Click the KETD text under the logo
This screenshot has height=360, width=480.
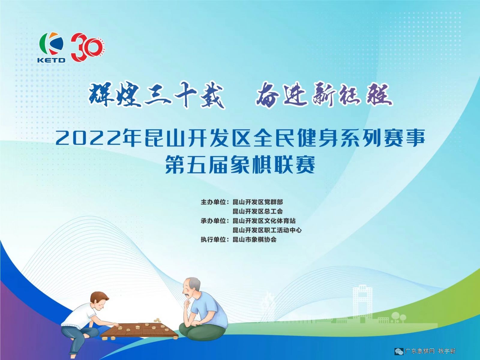51,60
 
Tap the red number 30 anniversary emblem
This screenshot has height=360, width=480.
88,47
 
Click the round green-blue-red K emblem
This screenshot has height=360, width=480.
51,43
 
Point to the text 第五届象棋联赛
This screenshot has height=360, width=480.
240,165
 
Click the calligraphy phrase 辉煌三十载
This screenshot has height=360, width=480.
156,95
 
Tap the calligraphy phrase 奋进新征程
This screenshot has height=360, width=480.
324,95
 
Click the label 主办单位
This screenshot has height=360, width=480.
213,202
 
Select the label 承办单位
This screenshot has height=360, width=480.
213,221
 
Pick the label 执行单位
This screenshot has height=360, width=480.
213,240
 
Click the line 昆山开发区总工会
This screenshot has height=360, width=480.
258,211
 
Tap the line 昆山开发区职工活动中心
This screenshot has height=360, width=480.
267,230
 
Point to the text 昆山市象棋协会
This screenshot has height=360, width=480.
254,240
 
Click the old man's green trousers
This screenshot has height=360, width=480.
202,332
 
